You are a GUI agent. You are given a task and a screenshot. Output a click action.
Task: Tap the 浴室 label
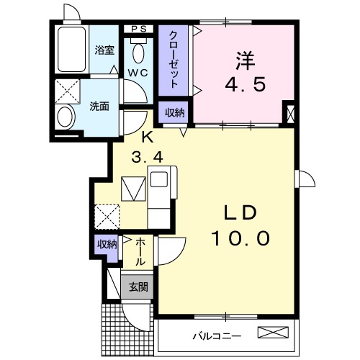pos(105,50)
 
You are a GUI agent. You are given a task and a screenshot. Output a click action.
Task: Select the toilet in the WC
pos(139,53)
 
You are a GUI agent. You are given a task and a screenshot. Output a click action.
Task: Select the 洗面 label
pos(99,107)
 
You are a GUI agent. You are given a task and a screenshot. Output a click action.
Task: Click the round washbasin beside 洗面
pos(66,117)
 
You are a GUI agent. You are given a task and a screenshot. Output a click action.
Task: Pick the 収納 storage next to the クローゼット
pos(174,112)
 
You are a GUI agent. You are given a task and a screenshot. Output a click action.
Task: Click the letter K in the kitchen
pos(147,136)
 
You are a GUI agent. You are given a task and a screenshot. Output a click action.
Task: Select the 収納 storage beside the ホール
pos(106,245)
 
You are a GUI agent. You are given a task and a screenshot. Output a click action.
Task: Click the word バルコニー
pos(216,336)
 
